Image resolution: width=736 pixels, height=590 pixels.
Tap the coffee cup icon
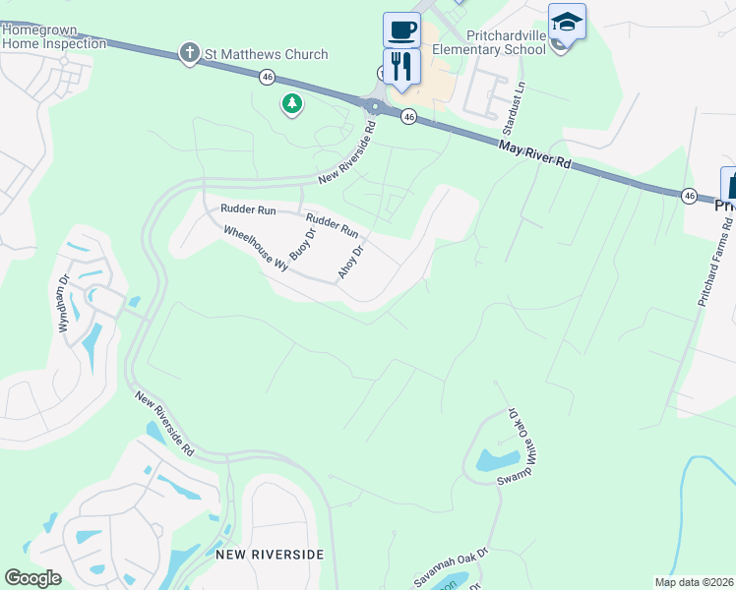coord(401,29)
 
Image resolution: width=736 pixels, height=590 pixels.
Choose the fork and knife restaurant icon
coord(401,66)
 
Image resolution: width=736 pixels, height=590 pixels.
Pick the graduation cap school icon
coord(567,22)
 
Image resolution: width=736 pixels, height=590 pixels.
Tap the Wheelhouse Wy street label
coord(253,249)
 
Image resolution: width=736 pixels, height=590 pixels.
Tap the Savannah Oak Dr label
coord(451,567)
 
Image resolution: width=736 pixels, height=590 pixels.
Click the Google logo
coord(32,577)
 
